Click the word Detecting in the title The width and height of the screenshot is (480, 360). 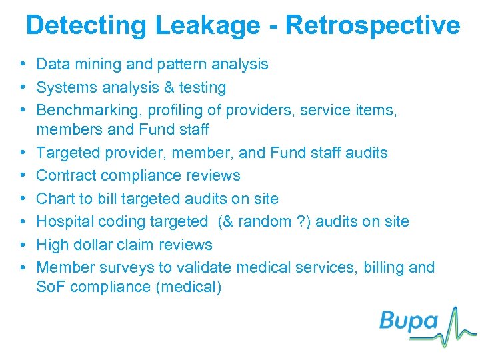[87, 26]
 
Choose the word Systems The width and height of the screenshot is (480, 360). [65, 87]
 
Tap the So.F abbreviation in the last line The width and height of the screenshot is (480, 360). [52, 287]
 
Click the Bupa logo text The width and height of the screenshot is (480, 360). [409, 321]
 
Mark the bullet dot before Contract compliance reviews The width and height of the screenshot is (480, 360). [23, 175]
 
